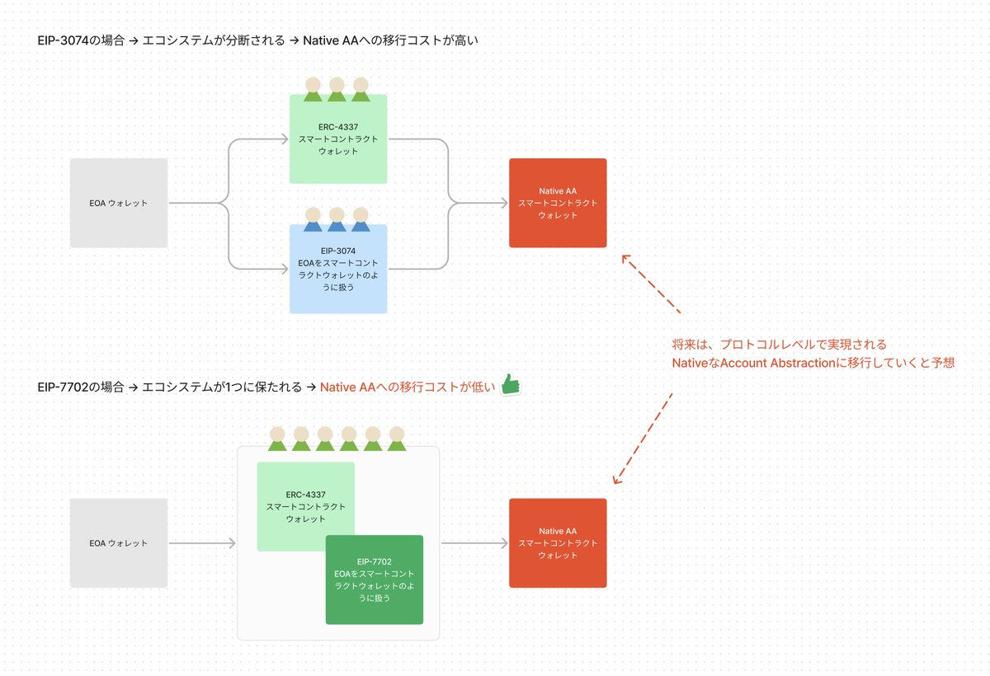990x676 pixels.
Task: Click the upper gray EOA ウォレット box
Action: point(119,203)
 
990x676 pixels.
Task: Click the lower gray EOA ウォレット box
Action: point(119,542)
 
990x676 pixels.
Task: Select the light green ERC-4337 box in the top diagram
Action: point(338,139)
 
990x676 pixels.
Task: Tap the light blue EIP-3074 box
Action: point(338,269)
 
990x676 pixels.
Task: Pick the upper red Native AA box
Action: point(558,203)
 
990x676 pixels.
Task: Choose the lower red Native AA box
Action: point(558,542)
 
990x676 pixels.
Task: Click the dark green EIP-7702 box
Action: point(374,580)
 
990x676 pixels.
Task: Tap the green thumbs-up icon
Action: point(511,385)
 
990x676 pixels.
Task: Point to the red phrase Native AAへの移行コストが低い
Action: point(408,387)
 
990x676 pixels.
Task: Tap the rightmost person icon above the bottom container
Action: point(397,439)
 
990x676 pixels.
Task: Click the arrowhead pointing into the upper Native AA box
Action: point(502,203)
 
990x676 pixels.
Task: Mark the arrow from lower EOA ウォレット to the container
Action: point(202,542)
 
